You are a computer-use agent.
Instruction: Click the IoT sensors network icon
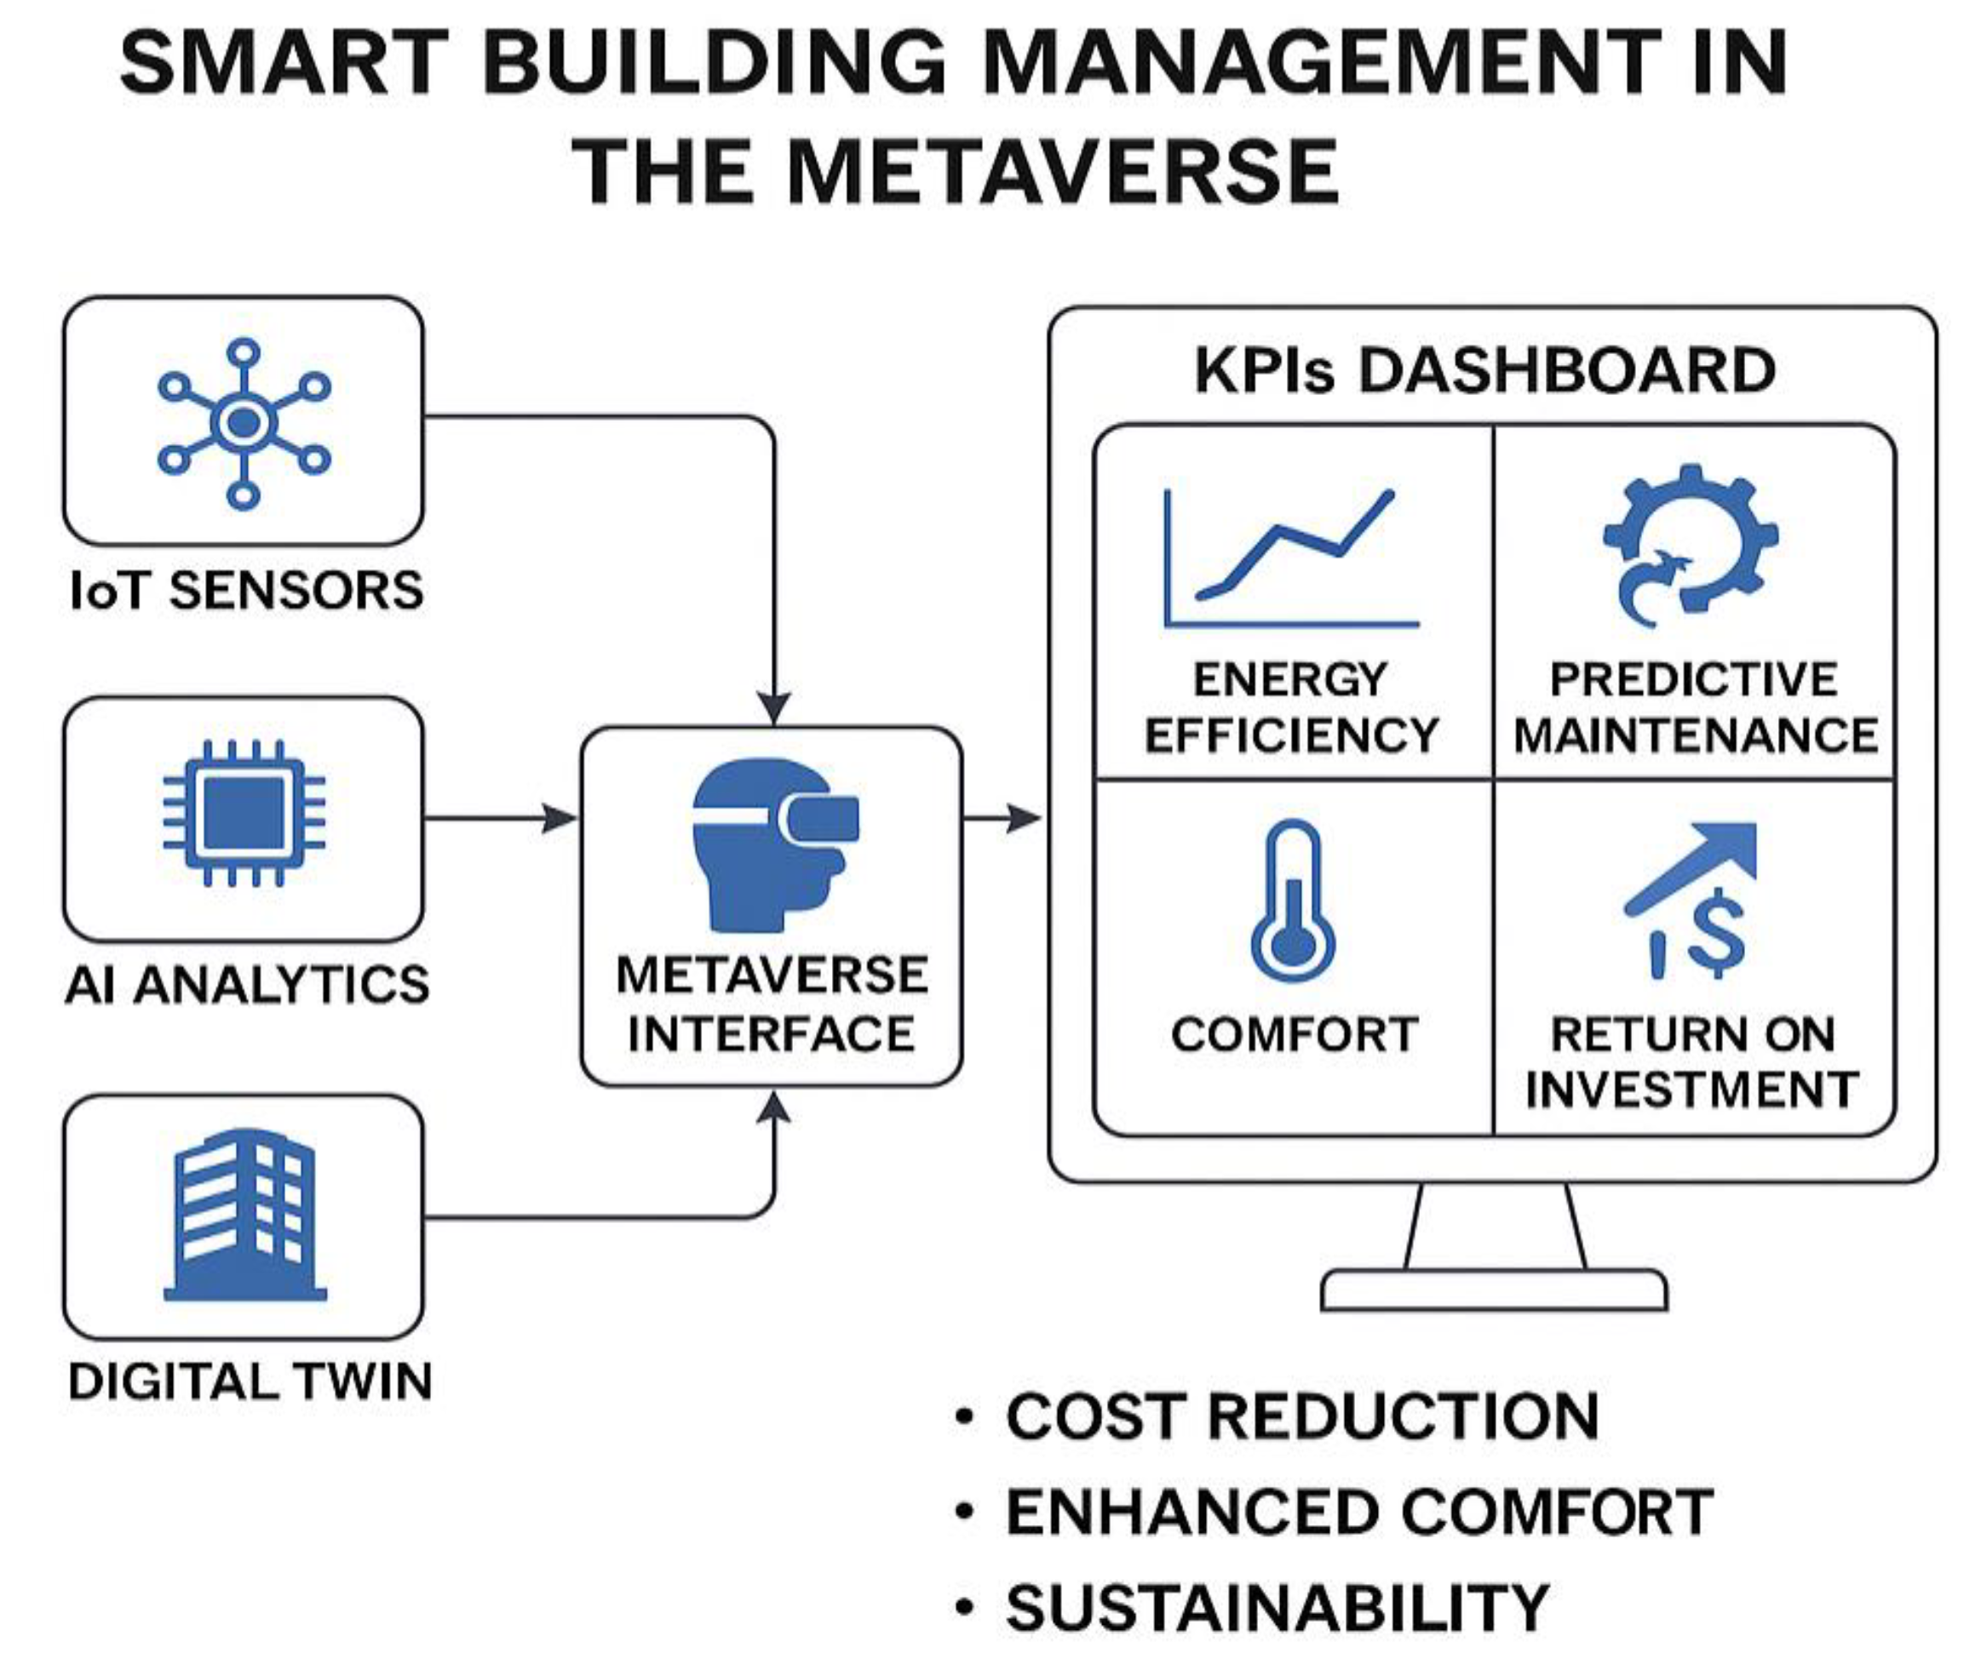click(x=244, y=423)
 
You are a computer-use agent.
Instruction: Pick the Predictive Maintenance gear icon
click(x=1691, y=545)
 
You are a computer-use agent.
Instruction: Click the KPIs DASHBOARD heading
click(x=1484, y=370)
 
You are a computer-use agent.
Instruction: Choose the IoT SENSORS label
click(x=247, y=592)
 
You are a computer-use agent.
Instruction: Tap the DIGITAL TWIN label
click(x=250, y=1382)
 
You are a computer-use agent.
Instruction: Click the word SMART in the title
click(x=283, y=62)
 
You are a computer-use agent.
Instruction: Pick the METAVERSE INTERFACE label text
click(x=772, y=1004)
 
